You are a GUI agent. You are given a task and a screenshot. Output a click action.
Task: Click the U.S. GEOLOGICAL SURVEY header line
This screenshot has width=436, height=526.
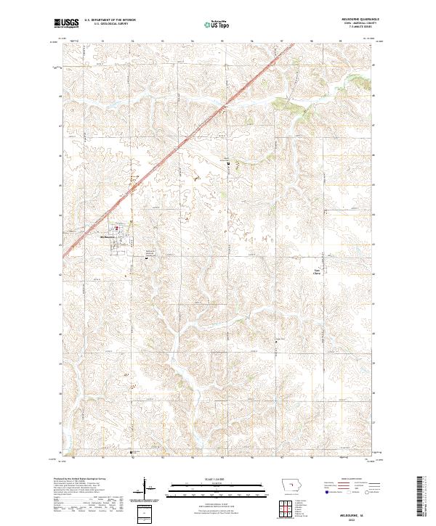[110, 25]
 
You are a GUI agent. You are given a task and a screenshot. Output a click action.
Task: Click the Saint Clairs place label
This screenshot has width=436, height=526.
[316, 272]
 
